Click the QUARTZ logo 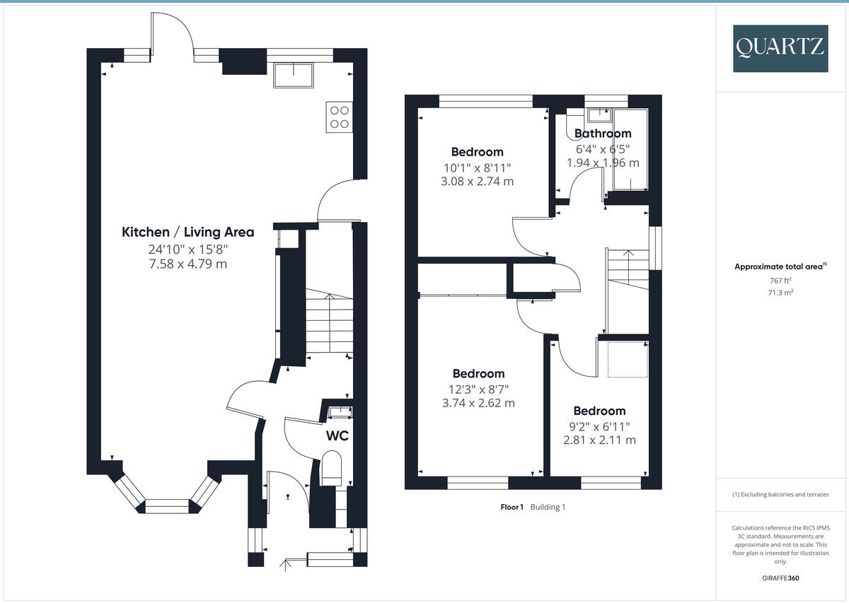[780, 48]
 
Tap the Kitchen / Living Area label [188, 232]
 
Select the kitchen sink [294, 75]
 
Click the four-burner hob [339, 117]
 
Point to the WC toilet [331, 470]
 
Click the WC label [337, 436]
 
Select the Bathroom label [602, 134]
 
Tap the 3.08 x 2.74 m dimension [477, 181]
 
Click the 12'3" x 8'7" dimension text [478, 389]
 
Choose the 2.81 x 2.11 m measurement [599, 440]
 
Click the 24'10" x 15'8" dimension [188, 250]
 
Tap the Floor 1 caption [512, 507]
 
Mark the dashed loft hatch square [628, 359]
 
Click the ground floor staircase [329, 322]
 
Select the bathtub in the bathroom [630, 150]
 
